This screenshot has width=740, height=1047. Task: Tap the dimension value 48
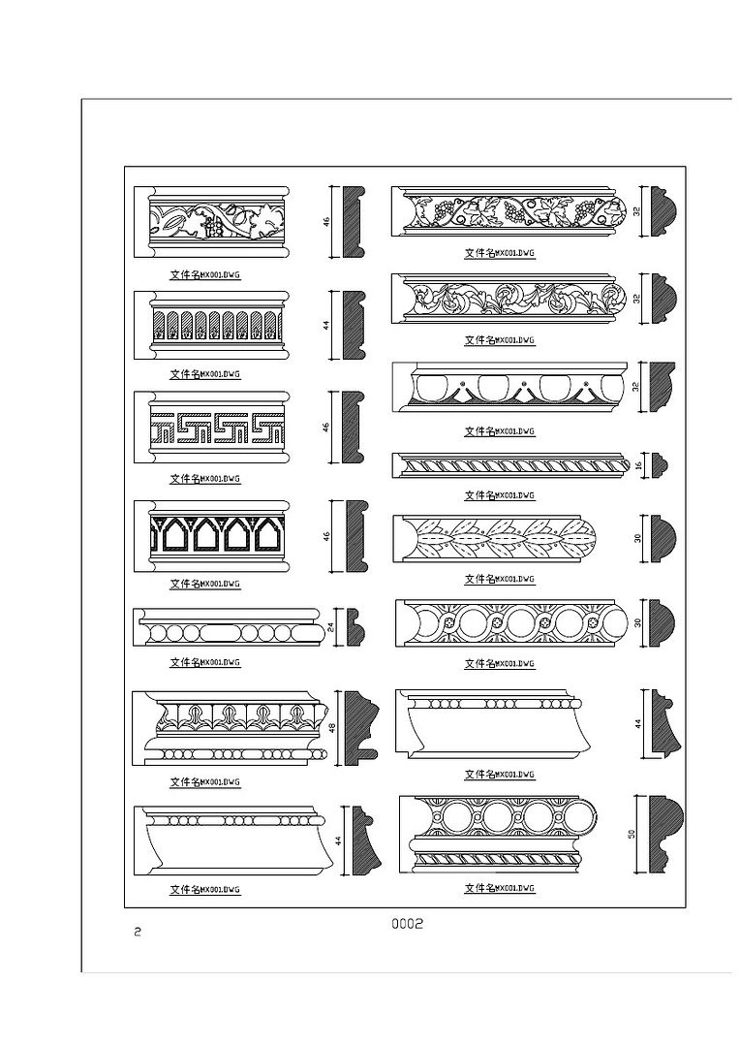(332, 726)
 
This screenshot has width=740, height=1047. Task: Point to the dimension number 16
(638, 465)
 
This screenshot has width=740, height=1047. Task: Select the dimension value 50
(631, 833)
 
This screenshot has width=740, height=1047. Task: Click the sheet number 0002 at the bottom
(407, 924)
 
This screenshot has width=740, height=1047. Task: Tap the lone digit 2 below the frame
(138, 933)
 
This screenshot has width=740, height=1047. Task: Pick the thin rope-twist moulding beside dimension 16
(509, 465)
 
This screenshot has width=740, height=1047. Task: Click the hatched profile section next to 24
(355, 628)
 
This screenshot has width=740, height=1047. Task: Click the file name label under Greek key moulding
(204, 479)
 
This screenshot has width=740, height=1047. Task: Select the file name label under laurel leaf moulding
(499, 580)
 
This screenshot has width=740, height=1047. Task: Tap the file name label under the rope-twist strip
(499, 495)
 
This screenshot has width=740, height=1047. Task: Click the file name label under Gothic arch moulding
(204, 585)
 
